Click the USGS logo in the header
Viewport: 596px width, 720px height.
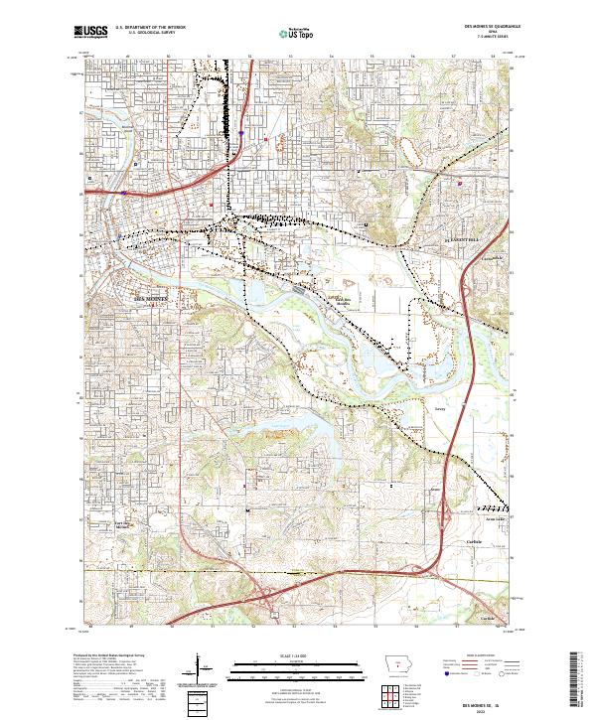click(x=90, y=33)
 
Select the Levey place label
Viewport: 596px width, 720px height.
click(x=439, y=407)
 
